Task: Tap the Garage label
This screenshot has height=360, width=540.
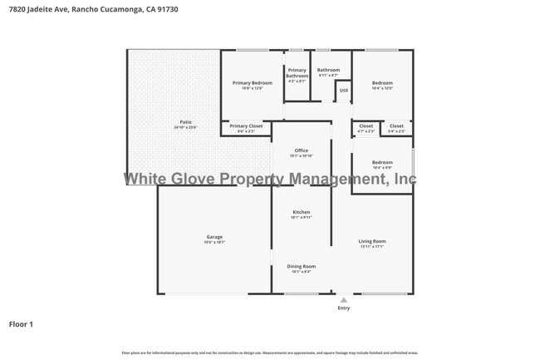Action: [x=214, y=237]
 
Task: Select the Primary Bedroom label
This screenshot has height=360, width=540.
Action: [x=252, y=83]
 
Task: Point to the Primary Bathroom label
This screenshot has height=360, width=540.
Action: [x=297, y=73]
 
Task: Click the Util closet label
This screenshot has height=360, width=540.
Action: [x=343, y=90]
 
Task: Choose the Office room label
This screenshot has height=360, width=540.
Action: [x=302, y=150]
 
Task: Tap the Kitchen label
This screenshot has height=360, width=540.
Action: [x=302, y=212]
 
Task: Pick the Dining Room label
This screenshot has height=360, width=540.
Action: [x=302, y=266]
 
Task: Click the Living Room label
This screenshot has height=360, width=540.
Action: [x=372, y=241]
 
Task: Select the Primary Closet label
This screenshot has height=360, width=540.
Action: [x=246, y=126]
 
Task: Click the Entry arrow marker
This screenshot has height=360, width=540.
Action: [x=343, y=299]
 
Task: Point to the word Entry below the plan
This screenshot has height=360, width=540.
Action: [x=343, y=308]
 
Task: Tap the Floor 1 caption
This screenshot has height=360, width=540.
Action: [x=21, y=323]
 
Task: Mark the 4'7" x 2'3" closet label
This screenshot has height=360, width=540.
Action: [x=366, y=128]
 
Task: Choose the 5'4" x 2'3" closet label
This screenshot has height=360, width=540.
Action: [x=396, y=128]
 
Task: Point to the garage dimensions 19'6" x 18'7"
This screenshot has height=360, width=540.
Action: [x=214, y=242]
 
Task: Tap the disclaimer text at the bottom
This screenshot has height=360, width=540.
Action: [x=270, y=353]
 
